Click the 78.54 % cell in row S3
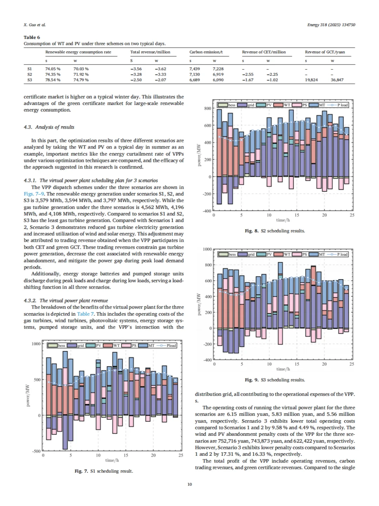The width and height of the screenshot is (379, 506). pyautogui.click(x=53, y=80)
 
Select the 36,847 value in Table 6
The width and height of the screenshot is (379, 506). pyautogui.click(x=337, y=80)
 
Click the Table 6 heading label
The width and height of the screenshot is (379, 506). pyautogui.click(x=32, y=37)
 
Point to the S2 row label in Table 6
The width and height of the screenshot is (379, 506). pyautogui.click(x=29, y=74)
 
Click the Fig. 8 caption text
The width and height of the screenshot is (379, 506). pyautogui.click(x=275, y=231)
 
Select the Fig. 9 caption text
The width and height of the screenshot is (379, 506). pyautogui.click(x=275, y=380)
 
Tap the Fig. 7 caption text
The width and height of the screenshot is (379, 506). pyautogui.click(x=104, y=471)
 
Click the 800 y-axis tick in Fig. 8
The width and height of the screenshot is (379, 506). pyautogui.click(x=208, y=109)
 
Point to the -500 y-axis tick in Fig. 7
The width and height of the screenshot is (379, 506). pyautogui.click(x=36, y=451)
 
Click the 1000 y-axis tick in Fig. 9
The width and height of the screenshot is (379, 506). pyautogui.click(x=207, y=249)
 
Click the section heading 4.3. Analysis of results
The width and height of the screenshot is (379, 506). pyautogui.click(x=49, y=127)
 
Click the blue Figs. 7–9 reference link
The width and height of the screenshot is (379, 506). pyautogui.click(x=34, y=194)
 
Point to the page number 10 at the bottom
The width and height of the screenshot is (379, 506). pyautogui.click(x=189, y=484)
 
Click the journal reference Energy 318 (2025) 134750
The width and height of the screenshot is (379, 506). pyautogui.click(x=331, y=25)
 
